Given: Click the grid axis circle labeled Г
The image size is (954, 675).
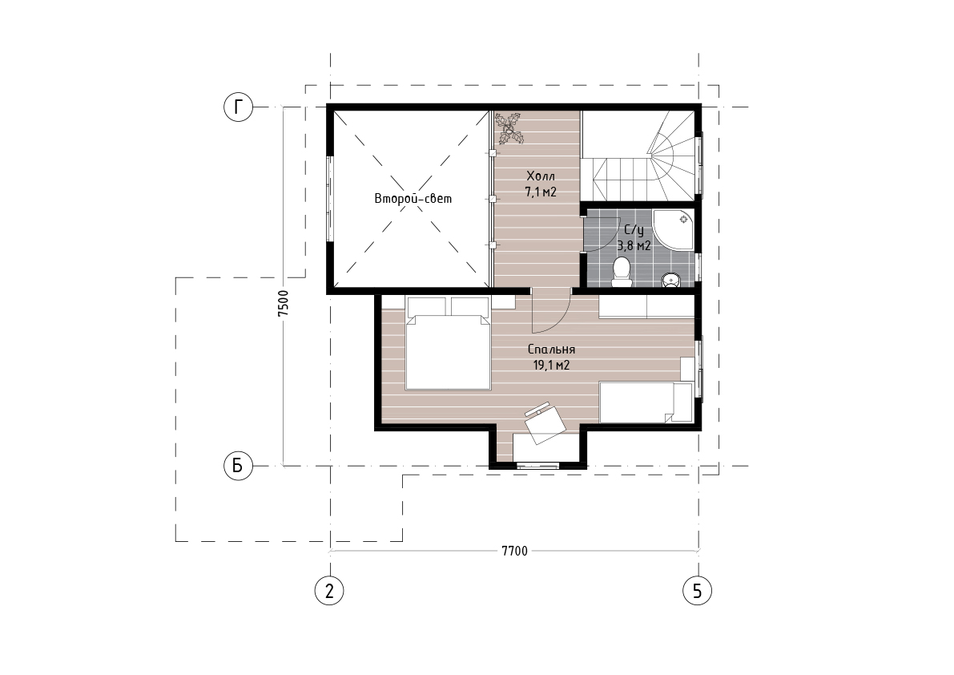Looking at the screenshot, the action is click(x=238, y=107).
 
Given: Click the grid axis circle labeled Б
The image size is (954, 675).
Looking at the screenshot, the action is click(x=238, y=467).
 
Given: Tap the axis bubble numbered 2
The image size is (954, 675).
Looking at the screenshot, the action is click(x=329, y=590).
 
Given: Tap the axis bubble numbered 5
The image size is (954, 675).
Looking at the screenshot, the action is click(x=697, y=590).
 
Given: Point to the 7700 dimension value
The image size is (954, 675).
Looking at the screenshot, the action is click(x=514, y=552).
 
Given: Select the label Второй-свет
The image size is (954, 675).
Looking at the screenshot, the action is click(x=413, y=199).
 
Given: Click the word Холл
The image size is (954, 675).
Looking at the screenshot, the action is click(x=541, y=176).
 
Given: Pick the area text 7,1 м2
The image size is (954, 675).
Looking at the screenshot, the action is click(x=541, y=192).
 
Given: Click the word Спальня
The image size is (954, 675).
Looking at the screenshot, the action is click(x=551, y=350).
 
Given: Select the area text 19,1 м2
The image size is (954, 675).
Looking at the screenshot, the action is click(x=551, y=366).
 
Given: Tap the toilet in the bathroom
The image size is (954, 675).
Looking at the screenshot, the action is click(x=622, y=272).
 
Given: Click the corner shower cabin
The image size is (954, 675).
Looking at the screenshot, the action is click(x=673, y=229).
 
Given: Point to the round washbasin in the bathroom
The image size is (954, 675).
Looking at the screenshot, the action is click(x=671, y=280).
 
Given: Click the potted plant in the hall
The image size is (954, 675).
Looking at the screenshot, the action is click(x=509, y=127).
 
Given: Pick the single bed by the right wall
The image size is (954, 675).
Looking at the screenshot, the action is click(x=646, y=402).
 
